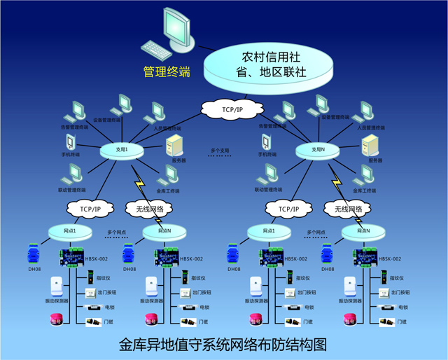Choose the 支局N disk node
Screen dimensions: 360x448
pyautogui.click(x=318, y=150)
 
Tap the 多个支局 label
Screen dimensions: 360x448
pyautogui.click(x=220, y=151)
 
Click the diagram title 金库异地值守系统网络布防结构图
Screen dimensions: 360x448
pyautogui.click(x=223, y=345)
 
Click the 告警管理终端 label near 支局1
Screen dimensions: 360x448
pyautogui.click(x=74, y=127)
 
